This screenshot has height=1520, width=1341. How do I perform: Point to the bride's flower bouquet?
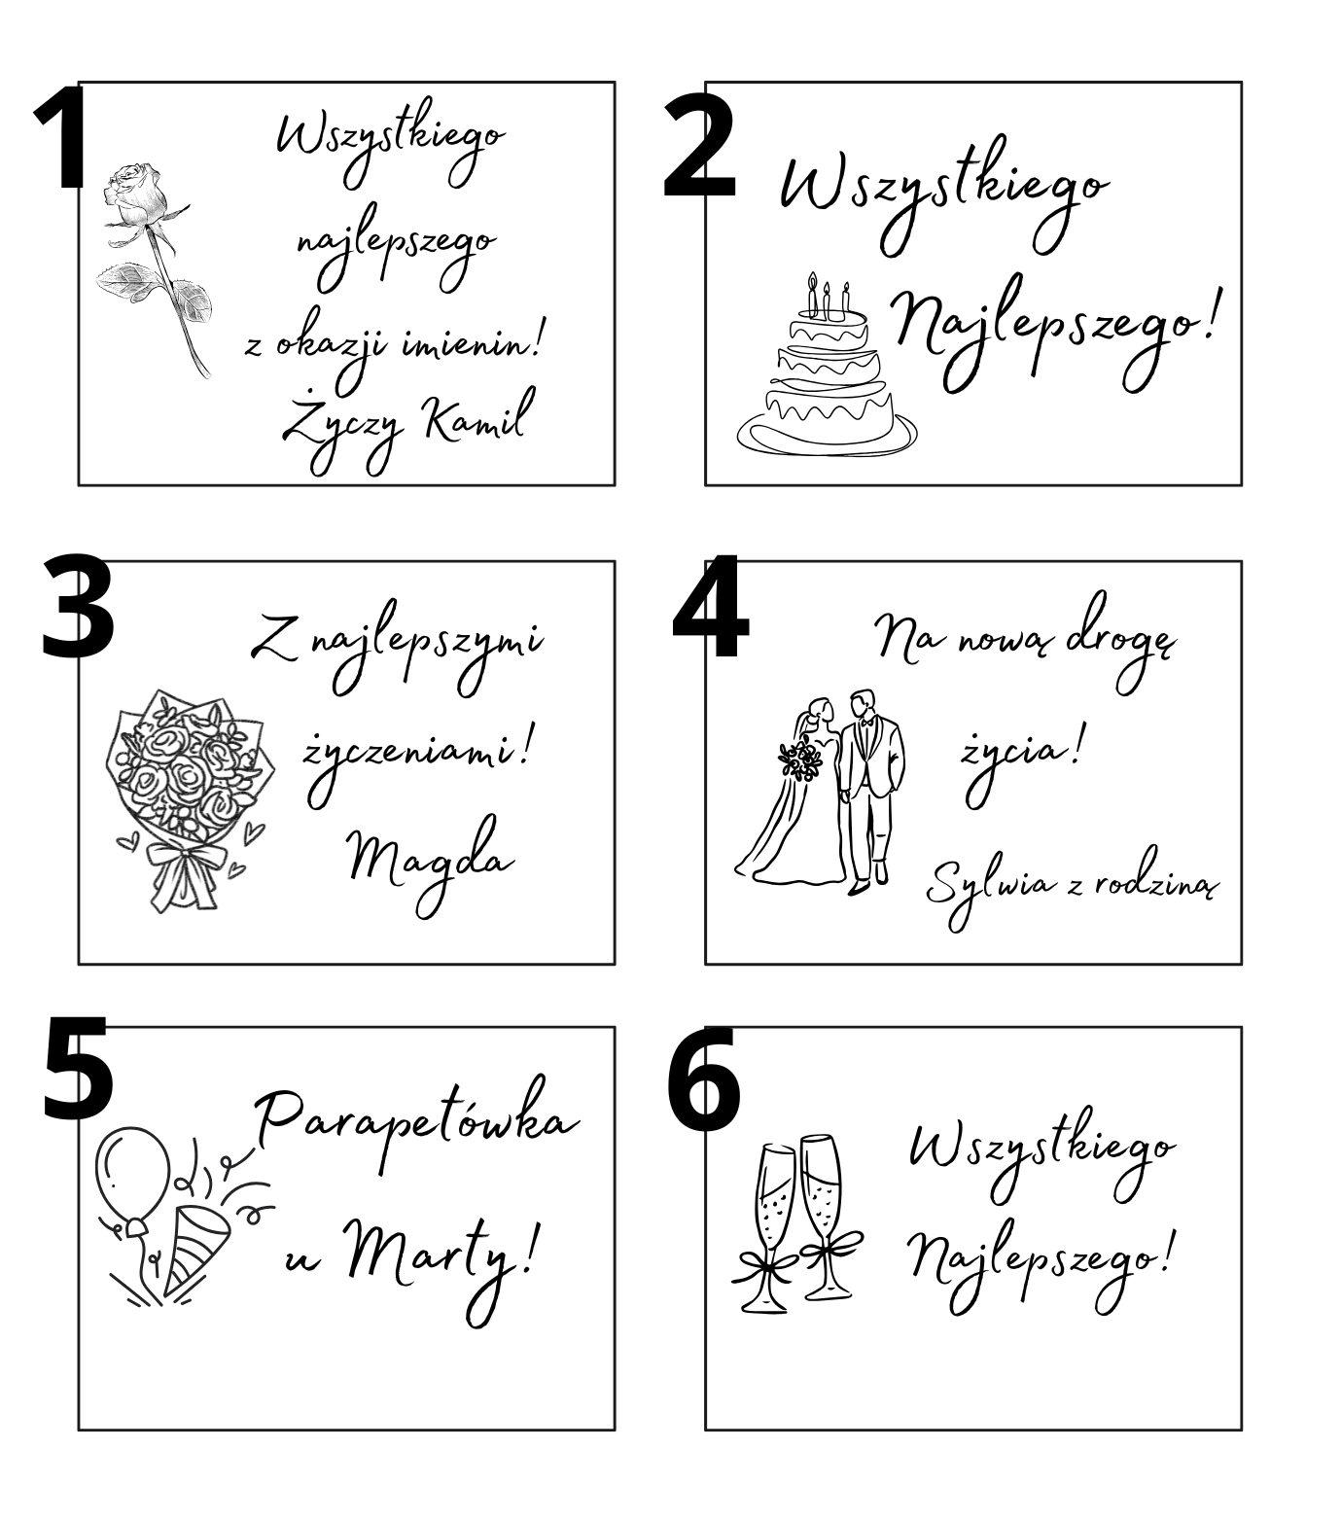coord(799,760)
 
